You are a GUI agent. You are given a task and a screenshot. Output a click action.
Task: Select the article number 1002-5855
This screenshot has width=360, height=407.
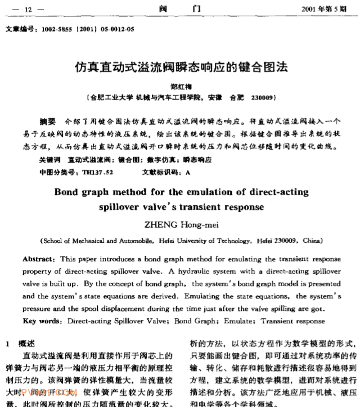click(x=54, y=31)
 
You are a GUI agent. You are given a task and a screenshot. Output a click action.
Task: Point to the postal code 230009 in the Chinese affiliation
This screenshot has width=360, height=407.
click(x=263, y=97)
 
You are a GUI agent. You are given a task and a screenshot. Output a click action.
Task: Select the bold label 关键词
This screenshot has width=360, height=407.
click(x=49, y=160)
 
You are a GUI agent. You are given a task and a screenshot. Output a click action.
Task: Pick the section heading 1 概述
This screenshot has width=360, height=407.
click(x=24, y=342)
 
